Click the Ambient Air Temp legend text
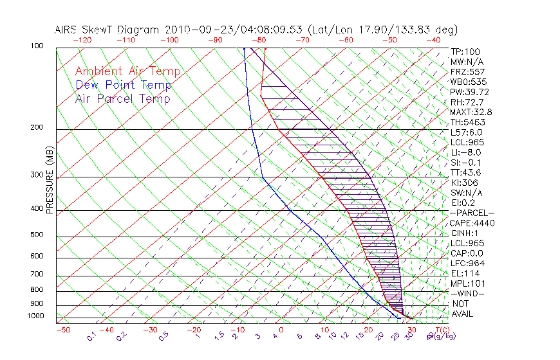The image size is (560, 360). click(127, 71)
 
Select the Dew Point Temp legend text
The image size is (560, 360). click(123, 85)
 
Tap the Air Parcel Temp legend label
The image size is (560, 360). click(122, 98)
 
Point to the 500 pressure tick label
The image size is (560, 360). click(37, 236)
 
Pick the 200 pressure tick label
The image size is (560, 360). click(37, 128)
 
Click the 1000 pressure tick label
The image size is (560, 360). click(35, 316)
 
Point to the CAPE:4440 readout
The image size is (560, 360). click(472, 223)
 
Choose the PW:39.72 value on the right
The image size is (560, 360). click(467, 92)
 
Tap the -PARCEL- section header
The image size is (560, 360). click(472, 213)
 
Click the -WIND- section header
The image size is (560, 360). click(467, 293)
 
